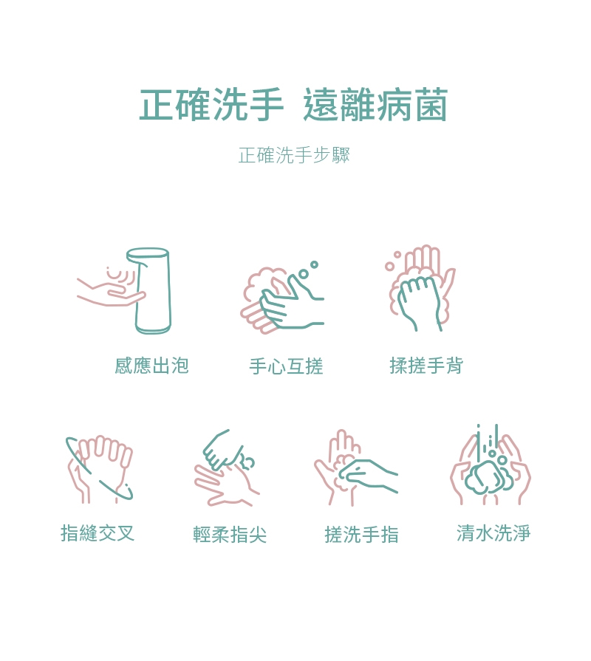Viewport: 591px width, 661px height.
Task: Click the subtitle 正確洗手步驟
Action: coord(294,155)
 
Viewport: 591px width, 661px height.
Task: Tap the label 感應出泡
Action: coord(151,366)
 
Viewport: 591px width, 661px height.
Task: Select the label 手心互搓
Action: coord(286,366)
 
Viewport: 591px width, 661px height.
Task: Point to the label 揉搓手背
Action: coord(426,366)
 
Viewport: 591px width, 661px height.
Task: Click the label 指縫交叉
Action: coord(98,532)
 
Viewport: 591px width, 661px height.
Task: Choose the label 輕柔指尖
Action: coord(230,535)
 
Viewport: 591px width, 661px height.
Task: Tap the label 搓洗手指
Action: coord(362,535)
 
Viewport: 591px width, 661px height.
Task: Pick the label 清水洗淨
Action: coord(493,532)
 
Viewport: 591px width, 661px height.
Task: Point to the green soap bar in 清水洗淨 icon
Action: coord(484,476)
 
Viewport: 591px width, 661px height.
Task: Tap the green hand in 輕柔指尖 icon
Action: coord(223,451)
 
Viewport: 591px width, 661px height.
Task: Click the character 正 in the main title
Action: coord(156,105)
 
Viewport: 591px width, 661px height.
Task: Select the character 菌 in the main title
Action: coord(431,105)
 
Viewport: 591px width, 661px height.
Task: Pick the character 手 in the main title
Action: coord(265,105)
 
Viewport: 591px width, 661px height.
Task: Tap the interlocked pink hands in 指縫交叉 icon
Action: coord(100,469)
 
